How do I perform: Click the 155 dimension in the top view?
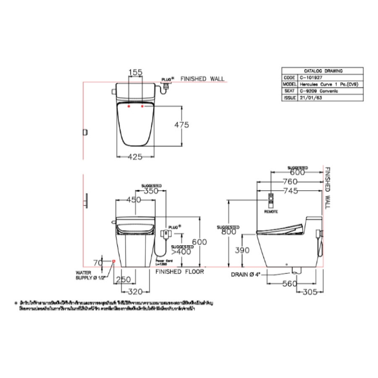coord(135,72)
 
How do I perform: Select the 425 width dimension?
coord(135,157)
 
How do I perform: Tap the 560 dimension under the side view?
coord(289,283)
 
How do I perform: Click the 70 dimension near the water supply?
coord(97,263)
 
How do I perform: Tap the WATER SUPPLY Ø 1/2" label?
coord(89,275)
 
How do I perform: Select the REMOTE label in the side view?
coord(271,212)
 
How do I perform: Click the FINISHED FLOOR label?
coord(180,272)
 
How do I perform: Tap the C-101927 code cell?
coord(311,78)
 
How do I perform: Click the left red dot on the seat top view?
coord(129,107)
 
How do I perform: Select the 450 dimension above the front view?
coord(134,200)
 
